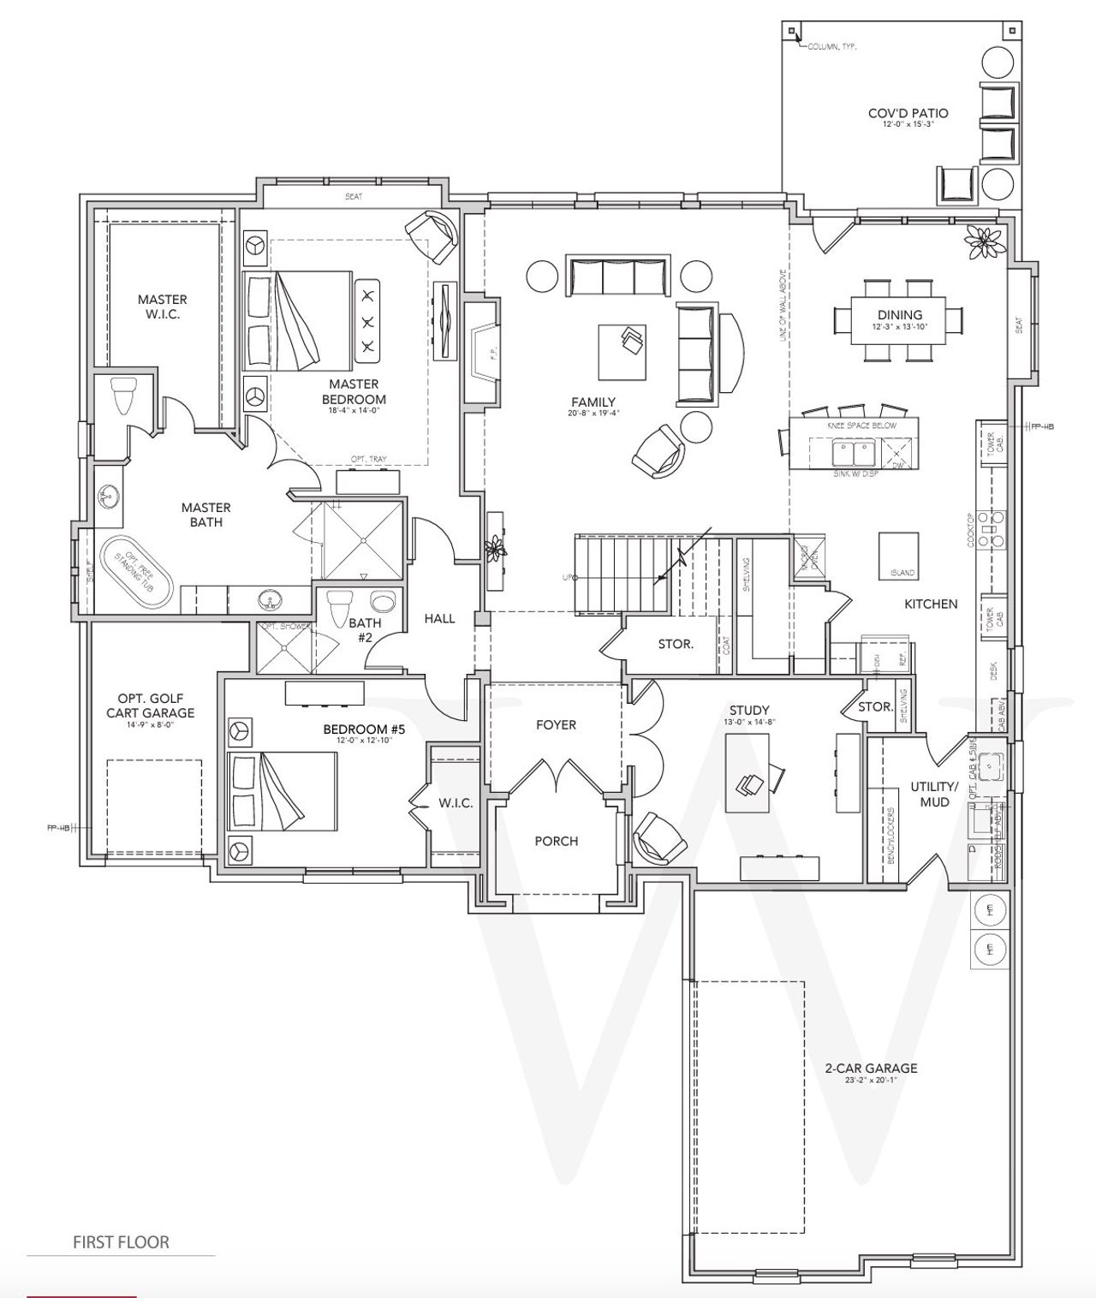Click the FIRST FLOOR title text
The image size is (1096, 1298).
(121, 1241)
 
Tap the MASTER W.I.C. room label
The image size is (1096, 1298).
(162, 307)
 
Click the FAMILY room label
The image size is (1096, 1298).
(593, 402)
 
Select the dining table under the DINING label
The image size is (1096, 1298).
(899, 319)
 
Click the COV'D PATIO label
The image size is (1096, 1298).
(908, 113)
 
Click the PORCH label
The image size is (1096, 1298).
(556, 841)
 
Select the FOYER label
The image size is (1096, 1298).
(556, 724)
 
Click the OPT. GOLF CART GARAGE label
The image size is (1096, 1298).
(150, 706)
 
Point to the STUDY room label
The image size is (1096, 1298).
(748, 710)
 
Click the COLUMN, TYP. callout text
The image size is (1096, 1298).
(832, 46)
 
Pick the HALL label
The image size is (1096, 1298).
(439, 618)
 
